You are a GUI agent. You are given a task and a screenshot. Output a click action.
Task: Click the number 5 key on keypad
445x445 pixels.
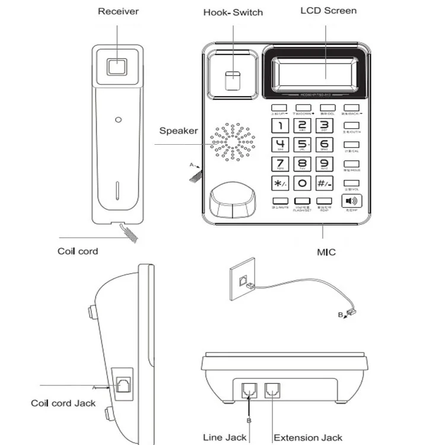pyautogui.click(x=302, y=144)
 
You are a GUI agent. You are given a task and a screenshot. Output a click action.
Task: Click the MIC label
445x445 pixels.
pyautogui.click(x=326, y=252)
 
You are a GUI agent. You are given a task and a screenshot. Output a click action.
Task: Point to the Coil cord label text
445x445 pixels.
pyautogui.click(x=78, y=251)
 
